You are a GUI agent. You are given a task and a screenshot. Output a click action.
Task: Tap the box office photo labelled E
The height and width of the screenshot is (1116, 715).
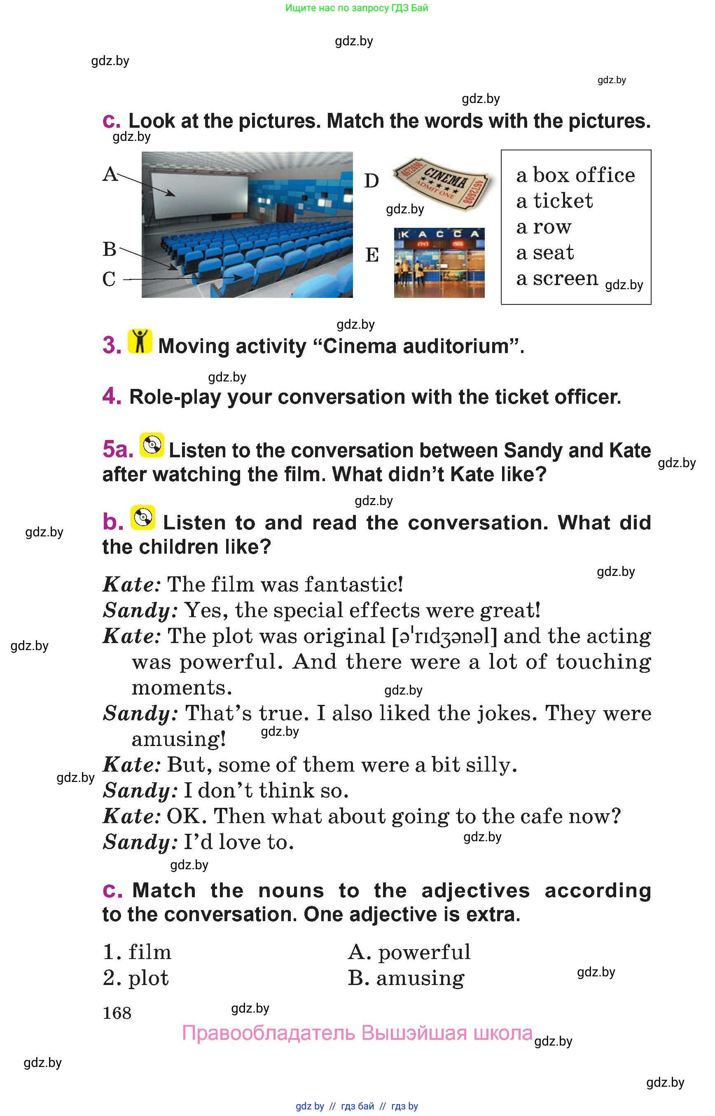(439, 263)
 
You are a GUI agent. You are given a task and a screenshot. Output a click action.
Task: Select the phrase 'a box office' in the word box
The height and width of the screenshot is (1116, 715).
(575, 175)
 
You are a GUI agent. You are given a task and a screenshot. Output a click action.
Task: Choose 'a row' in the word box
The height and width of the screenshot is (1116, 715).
(543, 227)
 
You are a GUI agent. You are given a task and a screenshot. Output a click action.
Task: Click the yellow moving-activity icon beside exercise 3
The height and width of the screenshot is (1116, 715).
(140, 342)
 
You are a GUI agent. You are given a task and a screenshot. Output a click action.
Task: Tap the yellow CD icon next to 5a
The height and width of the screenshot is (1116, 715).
(152, 445)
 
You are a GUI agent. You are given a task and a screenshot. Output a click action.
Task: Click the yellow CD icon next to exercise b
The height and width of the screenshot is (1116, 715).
(143, 517)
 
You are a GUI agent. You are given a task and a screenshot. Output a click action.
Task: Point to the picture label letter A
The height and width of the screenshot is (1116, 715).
(110, 175)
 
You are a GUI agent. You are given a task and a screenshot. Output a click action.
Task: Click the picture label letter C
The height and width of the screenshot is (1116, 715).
(109, 280)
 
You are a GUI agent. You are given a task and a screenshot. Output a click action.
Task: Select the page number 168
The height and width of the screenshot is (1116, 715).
(117, 1013)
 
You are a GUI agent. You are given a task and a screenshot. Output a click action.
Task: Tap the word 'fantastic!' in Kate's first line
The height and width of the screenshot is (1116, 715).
(353, 585)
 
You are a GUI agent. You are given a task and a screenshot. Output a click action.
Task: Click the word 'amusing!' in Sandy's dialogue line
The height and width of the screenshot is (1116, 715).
(179, 739)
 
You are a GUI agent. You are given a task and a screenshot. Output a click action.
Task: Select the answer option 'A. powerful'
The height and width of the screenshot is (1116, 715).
(409, 952)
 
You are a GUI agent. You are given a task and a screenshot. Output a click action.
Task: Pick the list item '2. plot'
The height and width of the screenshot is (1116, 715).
(136, 978)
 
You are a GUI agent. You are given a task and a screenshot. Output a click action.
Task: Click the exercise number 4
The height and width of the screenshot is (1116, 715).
(112, 396)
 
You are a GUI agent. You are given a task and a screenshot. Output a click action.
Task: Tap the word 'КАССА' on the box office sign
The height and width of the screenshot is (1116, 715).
(439, 234)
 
